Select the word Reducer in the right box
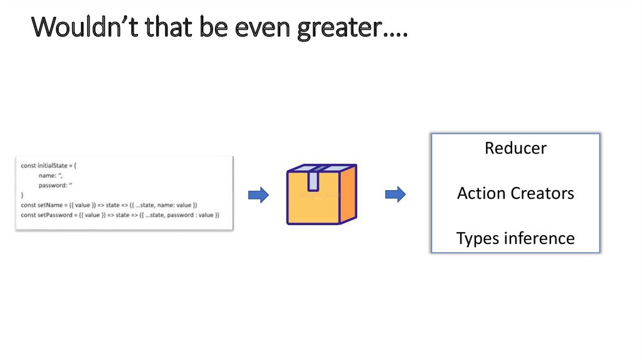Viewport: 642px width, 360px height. tap(515, 149)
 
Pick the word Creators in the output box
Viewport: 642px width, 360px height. tap(543, 193)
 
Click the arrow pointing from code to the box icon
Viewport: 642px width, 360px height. tap(259, 195)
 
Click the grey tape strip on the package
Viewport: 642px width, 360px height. tap(313, 179)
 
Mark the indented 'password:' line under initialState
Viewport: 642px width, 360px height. tap(56, 186)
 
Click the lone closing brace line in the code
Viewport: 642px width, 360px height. tap(23, 196)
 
